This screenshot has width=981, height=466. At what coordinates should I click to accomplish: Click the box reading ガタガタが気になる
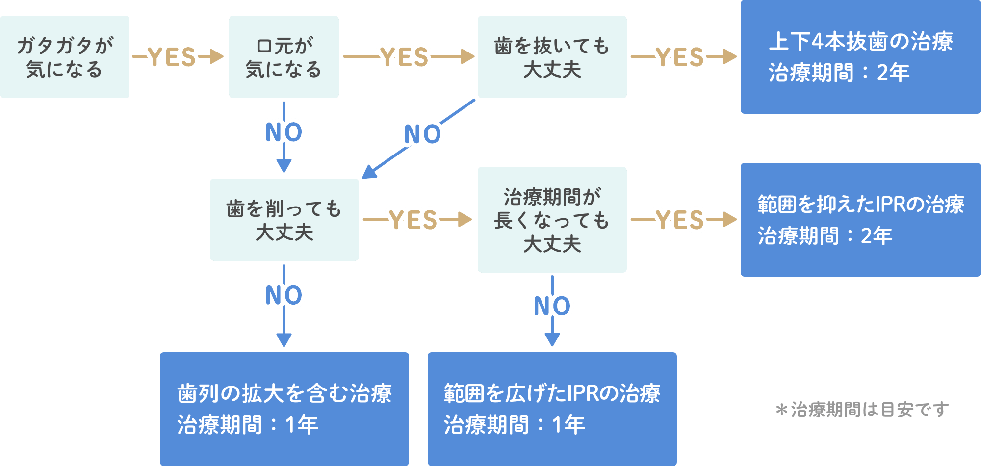point(64,57)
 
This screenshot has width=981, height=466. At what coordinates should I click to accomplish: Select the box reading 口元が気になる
point(284,57)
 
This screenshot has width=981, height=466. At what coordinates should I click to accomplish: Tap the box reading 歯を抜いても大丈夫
point(552,57)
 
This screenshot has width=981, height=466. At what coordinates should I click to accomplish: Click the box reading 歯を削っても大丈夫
point(284,219)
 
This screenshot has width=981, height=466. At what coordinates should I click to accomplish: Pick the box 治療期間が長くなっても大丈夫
point(552,219)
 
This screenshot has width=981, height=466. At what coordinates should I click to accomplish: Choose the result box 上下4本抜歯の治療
point(860,57)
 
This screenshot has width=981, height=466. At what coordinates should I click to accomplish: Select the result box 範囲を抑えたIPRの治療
point(860,219)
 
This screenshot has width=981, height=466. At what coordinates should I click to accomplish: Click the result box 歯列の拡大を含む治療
point(284,409)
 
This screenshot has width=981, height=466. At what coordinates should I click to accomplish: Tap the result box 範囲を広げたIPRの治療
point(552,409)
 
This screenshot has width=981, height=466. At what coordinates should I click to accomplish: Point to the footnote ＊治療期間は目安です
point(862,409)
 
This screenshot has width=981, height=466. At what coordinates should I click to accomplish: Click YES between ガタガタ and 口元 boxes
point(172,57)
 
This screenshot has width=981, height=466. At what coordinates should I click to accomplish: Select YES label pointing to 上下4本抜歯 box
point(680,57)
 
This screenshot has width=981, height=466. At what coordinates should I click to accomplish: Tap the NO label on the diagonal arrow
point(422,134)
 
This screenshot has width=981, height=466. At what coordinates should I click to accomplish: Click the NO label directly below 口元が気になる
point(284,132)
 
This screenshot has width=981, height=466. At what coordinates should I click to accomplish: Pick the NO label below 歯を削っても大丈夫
point(284,295)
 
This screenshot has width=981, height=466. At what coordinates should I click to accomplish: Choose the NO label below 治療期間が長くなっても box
point(552,306)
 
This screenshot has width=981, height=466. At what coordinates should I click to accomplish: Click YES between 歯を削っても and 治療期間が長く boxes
point(413,219)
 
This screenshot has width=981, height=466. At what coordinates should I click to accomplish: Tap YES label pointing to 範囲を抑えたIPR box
point(680,219)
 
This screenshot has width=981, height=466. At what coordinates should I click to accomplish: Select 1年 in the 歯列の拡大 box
point(301,425)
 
